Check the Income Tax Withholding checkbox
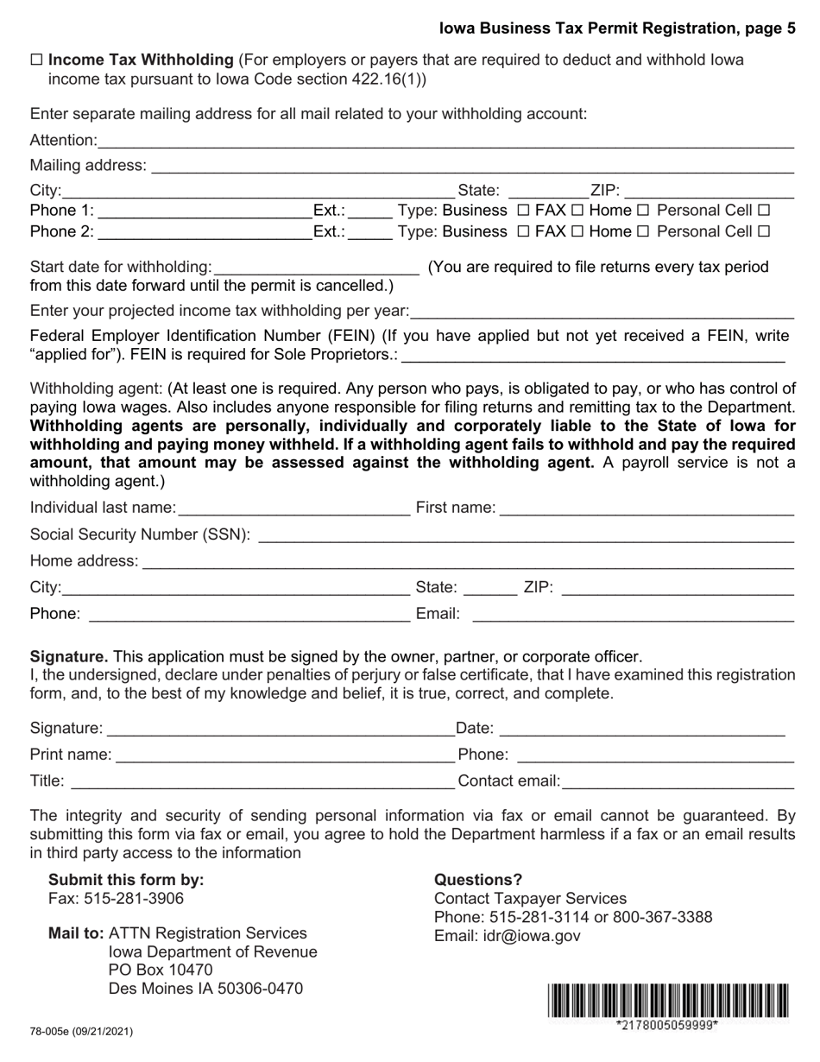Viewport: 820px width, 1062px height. (x=36, y=60)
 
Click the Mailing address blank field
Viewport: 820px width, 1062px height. (x=471, y=166)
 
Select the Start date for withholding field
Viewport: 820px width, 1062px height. (x=316, y=269)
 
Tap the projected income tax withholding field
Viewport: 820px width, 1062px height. (x=602, y=312)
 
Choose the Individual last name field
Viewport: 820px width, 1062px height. (x=293, y=509)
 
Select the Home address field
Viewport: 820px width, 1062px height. (x=467, y=562)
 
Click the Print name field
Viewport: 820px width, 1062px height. (x=285, y=755)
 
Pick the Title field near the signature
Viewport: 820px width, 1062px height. (x=262, y=782)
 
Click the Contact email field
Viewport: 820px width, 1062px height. (x=678, y=782)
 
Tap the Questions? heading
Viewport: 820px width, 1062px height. (x=478, y=880)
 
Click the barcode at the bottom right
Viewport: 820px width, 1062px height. (x=667, y=1002)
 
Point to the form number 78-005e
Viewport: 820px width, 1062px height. (x=81, y=1031)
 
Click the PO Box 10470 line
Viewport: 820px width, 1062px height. (x=161, y=970)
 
